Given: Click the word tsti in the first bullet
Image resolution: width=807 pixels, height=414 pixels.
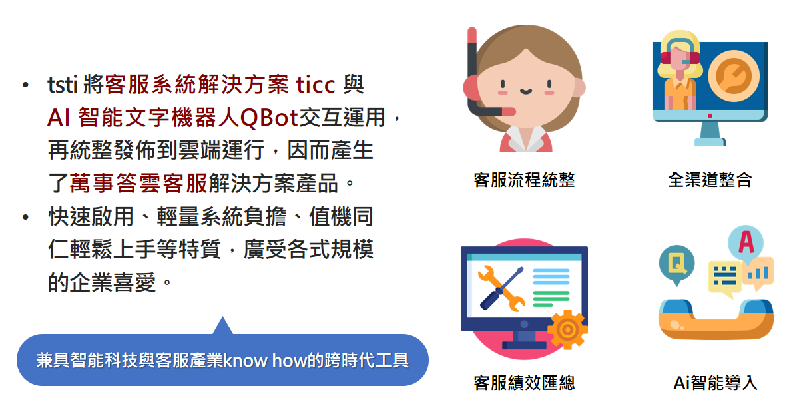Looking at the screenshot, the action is pyautogui.click(x=63, y=85).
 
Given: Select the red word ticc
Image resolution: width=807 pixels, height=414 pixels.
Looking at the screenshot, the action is pyautogui.click(x=316, y=85).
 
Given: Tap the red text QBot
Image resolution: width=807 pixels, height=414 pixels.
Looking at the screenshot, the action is pyautogui.click(x=270, y=118).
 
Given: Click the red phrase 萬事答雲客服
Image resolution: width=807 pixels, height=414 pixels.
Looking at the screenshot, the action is pyautogui.click(x=138, y=183).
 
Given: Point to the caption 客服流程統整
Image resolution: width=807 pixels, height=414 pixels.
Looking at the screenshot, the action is pyautogui.click(x=524, y=180).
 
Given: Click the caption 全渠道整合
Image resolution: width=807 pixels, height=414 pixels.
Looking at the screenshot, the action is pyautogui.click(x=710, y=180).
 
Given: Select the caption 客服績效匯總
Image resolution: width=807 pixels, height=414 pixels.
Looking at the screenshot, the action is pyautogui.click(x=524, y=383).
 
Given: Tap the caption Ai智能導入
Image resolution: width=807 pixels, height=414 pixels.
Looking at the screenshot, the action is pyautogui.click(x=716, y=383).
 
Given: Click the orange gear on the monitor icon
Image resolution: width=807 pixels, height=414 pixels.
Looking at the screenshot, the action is pyautogui.click(x=568, y=329).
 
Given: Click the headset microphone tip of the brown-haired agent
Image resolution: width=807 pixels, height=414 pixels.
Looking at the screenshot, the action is pyautogui.click(x=509, y=112).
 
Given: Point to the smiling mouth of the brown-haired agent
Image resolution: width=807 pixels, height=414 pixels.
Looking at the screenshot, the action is pyautogui.click(x=525, y=91).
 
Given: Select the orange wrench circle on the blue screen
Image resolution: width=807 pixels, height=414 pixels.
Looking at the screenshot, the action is pyautogui.click(x=734, y=76).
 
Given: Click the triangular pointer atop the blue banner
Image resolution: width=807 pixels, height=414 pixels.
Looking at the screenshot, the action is pyautogui.click(x=222, y=325).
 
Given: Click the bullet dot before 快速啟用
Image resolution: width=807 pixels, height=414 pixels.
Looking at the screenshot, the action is pyautogui.click(x=25, y=217).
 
